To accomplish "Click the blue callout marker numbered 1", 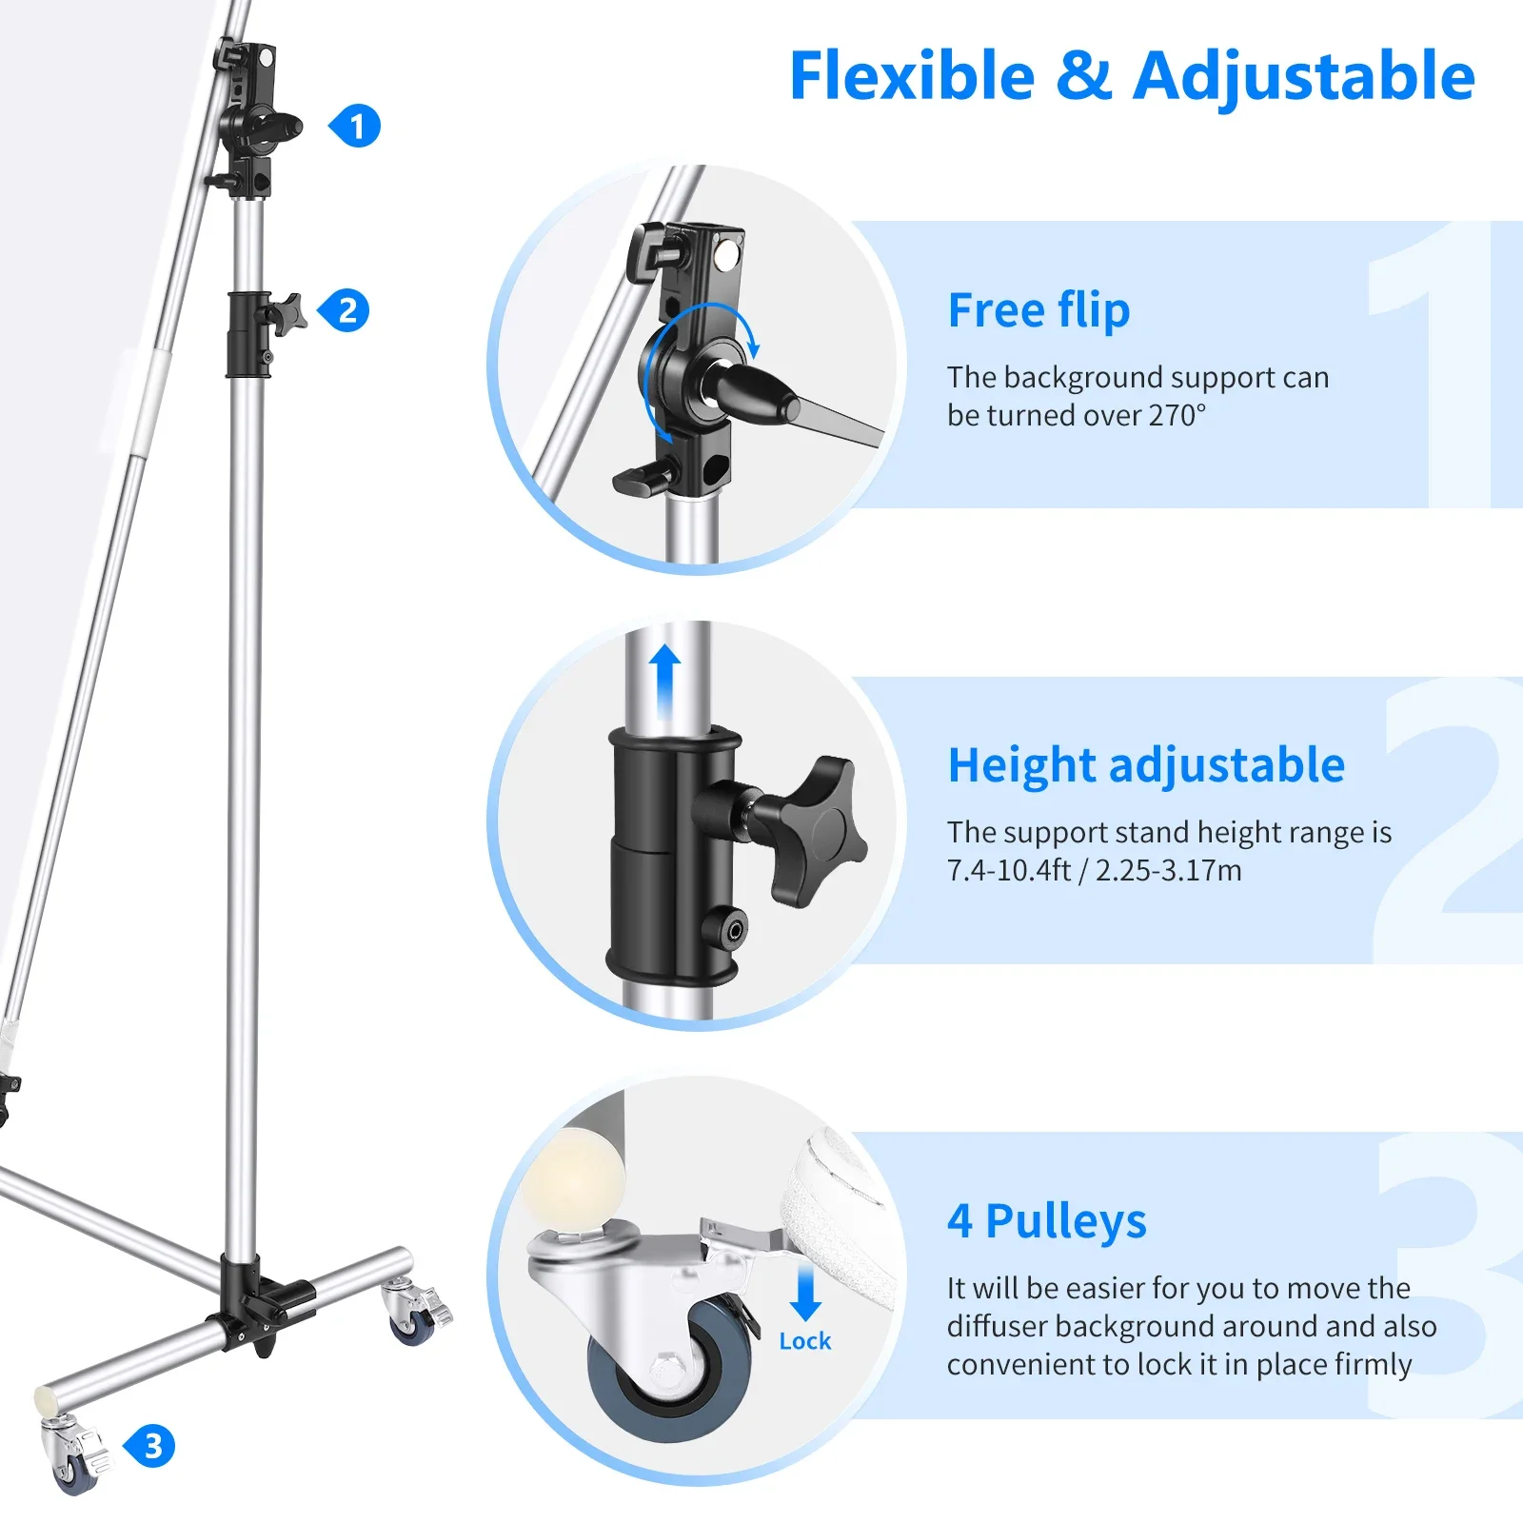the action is coord(355,127).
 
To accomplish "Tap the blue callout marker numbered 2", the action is coord(344,311).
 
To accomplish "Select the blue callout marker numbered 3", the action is coord(149,1446).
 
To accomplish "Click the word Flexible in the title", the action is coord(912,76).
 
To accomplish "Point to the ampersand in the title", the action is coord(1083,76).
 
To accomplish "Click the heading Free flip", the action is coord(1038,310).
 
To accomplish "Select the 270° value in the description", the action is coord(1177,415).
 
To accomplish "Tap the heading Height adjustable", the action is coord(1146,765).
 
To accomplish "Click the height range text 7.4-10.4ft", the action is coord(1008,870).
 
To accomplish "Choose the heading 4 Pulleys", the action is coord(1046,1220).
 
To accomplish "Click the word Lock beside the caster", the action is coord(804,1340).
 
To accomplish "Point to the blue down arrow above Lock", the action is coord(806,1293).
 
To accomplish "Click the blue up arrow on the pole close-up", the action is coord(665,682).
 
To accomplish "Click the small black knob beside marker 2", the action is coord(287,312).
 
